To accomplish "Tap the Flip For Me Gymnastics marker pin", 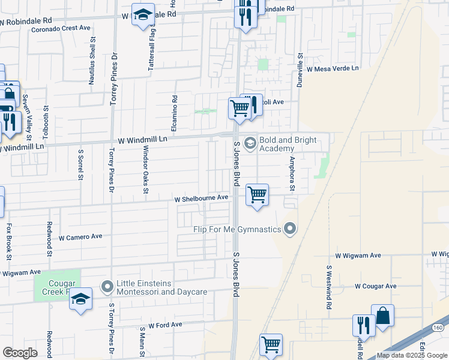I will coord(291,229).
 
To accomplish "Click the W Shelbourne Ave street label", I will coord(202,197).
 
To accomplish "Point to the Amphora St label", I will coord(292,175).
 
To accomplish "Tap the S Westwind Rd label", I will coord(329,287).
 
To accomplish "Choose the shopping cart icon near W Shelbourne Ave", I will coord(257,194).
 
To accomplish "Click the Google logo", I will coord(20,353).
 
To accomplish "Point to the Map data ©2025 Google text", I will coord(411,355).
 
